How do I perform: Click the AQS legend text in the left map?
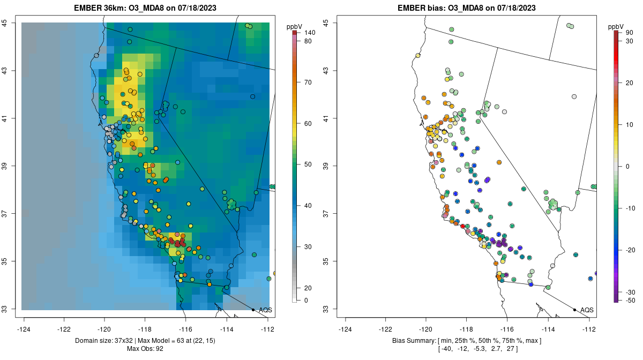coord(265,310)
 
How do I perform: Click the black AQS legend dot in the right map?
coord(574,310)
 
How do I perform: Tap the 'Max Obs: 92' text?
coord(145,349)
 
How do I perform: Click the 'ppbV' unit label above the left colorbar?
coord(294,26)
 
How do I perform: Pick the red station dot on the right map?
coord(462,226)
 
